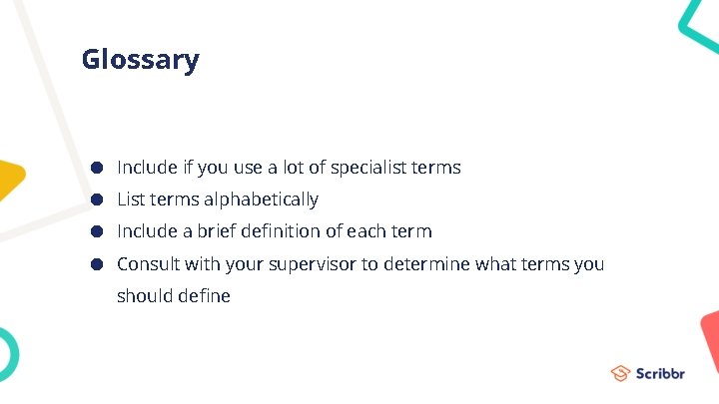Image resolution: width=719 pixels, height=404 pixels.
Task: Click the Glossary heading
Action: pyautogui.click(x=140, y=60)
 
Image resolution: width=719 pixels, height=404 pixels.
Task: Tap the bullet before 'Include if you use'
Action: pyautogui.click(x=98, y=168)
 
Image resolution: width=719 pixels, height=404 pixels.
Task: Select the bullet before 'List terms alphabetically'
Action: pyautogui.click(x=98, y=200)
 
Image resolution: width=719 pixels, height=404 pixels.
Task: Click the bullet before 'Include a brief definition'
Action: pyautogui.click(x=98, y=231)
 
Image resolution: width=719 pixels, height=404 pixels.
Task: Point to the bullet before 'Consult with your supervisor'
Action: pyautogui.click(x=98, y=264)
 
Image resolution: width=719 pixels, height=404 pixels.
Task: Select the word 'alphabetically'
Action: pyautogui.click(x=262, y=200)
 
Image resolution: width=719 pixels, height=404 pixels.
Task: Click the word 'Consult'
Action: pyautogui.click(x=147, y=264)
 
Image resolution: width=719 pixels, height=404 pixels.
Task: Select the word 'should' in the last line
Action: pyautogui.click(x=144, y=296)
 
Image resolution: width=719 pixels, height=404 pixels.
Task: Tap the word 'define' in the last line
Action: pyautogui.click(x=204, y=296)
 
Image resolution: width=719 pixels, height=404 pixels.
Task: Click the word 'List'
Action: pyautogui.click(x=131, y=200)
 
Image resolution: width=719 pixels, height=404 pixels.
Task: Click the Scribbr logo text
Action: pyautogui.click(x=661, y=374)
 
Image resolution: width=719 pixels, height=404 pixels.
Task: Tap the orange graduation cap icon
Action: pyautogui.click(x=620, y=374)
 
